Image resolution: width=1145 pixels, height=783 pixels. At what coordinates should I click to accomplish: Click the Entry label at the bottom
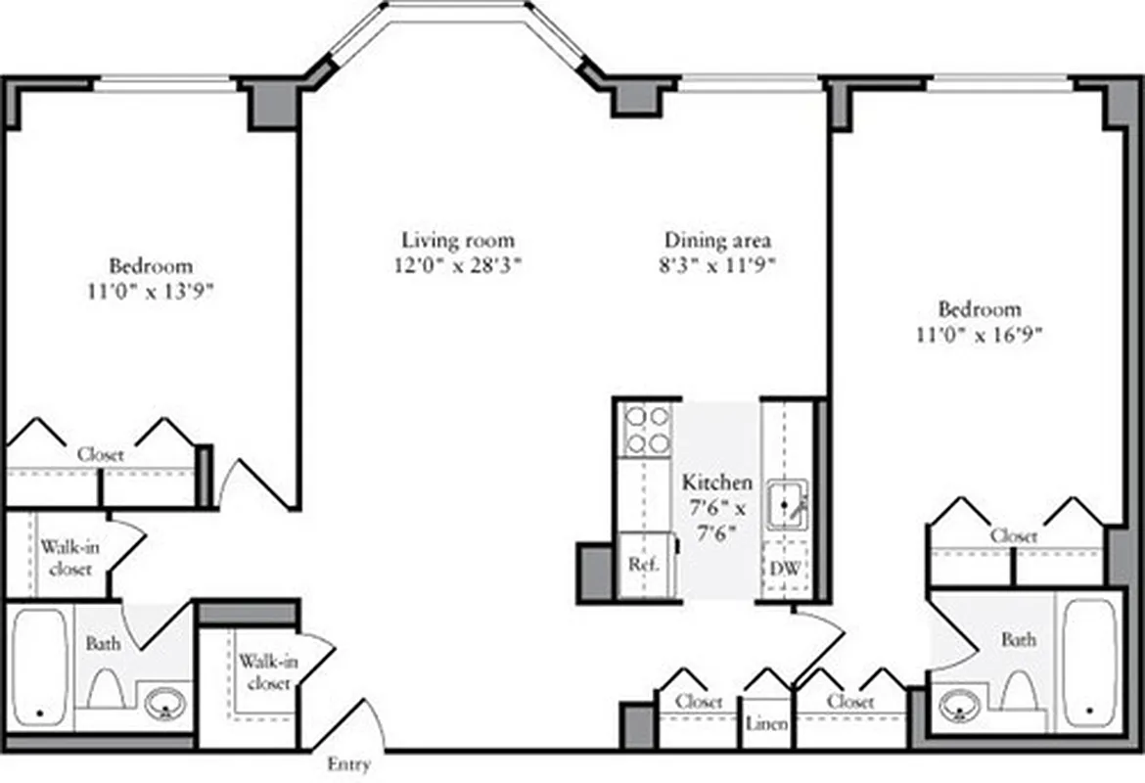(x=348, y=764)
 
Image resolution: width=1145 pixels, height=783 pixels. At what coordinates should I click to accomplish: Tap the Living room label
(x=458, y=240)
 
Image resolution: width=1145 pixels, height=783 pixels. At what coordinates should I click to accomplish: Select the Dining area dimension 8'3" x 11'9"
(x=718, y=264)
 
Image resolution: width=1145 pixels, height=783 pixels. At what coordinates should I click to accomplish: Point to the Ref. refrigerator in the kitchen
(x=643, y=565)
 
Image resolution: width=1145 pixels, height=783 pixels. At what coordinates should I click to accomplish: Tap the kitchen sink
(x=786, y=504)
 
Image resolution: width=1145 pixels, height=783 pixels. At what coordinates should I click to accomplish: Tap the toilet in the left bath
(x=104, y=689)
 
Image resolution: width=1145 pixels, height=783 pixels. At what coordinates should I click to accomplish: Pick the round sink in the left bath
(x=165, y=703)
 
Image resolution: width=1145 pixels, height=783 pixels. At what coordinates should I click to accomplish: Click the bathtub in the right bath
(x=1088, y=662)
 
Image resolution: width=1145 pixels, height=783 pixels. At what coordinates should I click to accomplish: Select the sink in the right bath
(x=958, y=704)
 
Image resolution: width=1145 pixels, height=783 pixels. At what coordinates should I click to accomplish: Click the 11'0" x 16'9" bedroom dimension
(x=979, y=334)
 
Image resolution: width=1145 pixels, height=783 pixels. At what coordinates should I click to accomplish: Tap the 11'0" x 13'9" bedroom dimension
(x=150, y=291)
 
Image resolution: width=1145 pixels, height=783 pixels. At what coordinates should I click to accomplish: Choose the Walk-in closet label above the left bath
(x=69, y=558)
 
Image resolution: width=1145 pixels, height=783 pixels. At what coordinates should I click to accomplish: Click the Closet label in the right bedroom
(x=1014, y=536)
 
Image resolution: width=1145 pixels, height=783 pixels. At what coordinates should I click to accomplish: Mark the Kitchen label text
(x=717, y=483)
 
